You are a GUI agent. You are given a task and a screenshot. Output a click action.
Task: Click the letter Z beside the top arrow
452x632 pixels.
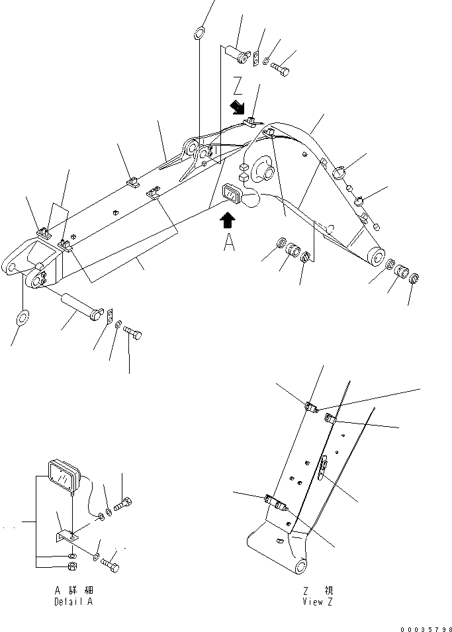[240, 87]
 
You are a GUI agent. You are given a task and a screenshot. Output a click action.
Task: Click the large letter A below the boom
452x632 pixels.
[228, 243]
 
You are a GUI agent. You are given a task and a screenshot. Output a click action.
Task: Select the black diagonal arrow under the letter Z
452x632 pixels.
[236, 107]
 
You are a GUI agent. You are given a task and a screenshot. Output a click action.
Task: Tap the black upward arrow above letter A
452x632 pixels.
[227, 220]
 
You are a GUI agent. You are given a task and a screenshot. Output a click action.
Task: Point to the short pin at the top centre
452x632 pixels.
[239, 53]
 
